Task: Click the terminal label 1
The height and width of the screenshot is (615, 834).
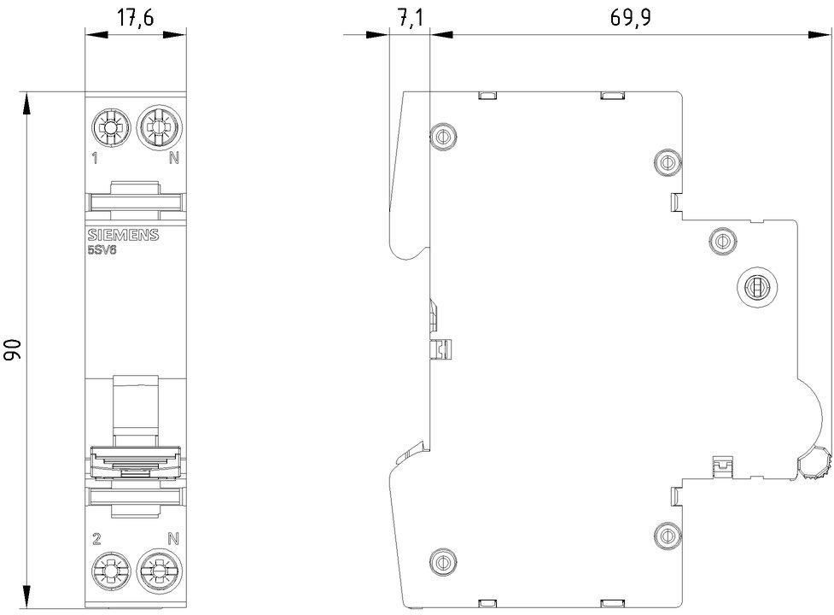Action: click(96, 158)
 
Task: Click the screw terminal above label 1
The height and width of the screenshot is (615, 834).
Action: click(109, 128)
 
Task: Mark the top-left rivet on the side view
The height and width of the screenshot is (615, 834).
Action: click(442, 134)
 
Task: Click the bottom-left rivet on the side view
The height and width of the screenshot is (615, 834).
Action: click(442, 559)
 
